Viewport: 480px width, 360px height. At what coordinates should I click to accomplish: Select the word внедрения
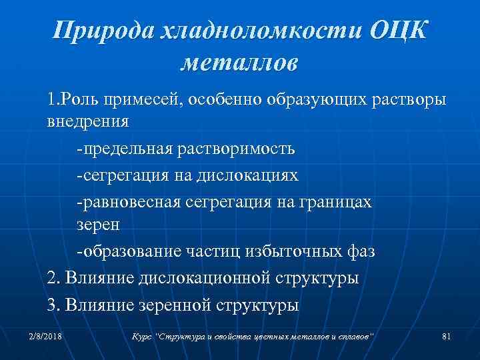(88, 123)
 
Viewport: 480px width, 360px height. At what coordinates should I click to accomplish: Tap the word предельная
(127, 149)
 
